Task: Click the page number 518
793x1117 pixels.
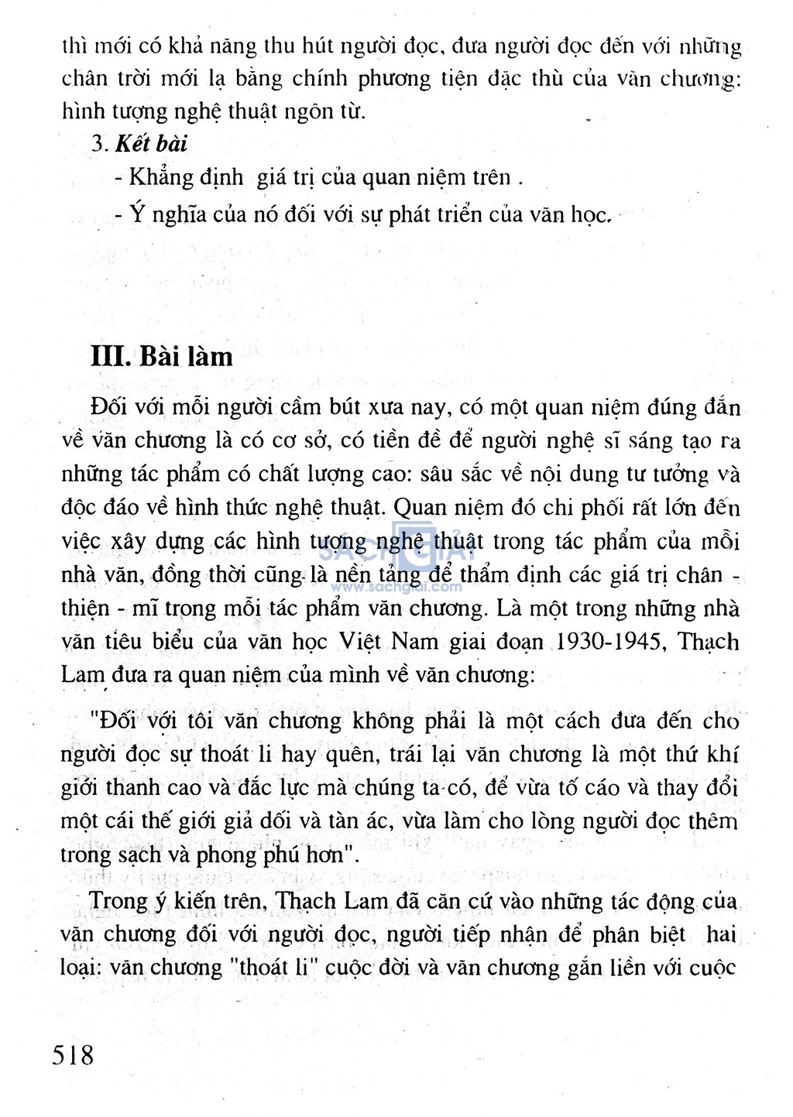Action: click(x=73, y=1054)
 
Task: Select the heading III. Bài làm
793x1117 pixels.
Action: click(x=162, y=356)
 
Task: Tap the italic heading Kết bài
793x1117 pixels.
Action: click(x=151, y=144)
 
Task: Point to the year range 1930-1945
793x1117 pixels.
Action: click(x=611, y=642)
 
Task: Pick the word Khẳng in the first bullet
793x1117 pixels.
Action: click(x=161, y=178)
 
